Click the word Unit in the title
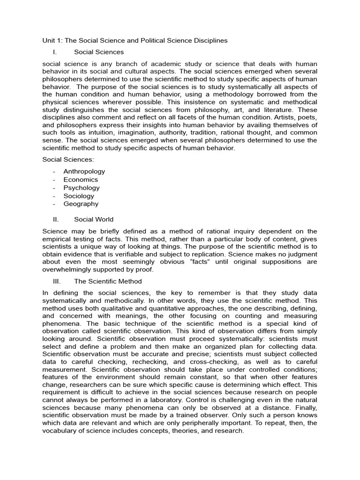[x=49, y=40]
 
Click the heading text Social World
[x=94, y=219]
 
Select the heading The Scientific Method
[x=108, y=281]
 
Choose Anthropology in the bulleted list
[x=84, y=172]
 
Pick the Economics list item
[x=81, y=180]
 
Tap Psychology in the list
[x=82, y=187]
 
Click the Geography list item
[x=81, y=204]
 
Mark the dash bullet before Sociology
[x=54, y=196]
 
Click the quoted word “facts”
[x=201, y=262]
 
